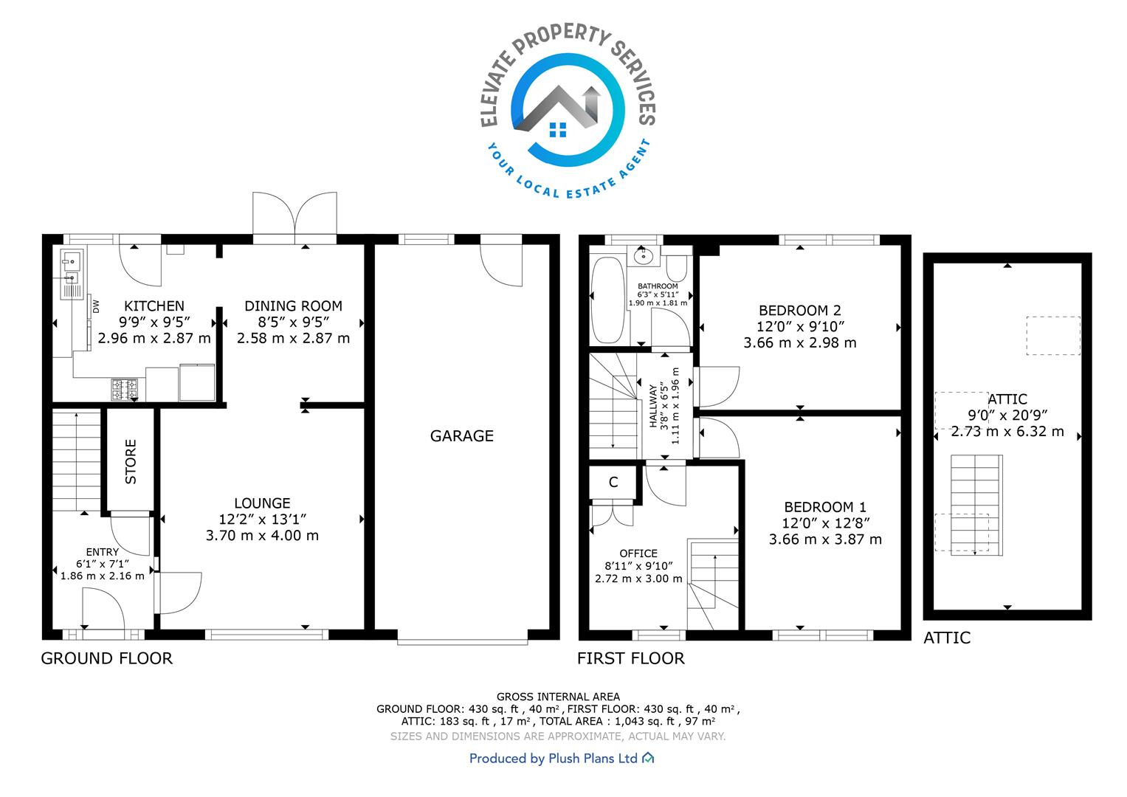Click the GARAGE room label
[461, 435]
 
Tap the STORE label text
[131, 461]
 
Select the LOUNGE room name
[262, 503]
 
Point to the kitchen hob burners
[124, 390]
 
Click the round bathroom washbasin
[644, 257]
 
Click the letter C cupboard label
[613, 482]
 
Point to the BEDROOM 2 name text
[800, 311]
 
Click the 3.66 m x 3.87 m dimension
[825, 539]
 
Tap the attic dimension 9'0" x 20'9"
[1007, 415]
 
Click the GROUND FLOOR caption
[107, 658]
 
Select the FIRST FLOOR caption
[631, 658]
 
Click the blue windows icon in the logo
[558, 129]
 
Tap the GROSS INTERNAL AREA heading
[558, 697]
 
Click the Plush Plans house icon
[649, 758]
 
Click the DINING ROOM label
[293, 306]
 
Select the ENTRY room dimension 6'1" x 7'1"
[103, 564]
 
